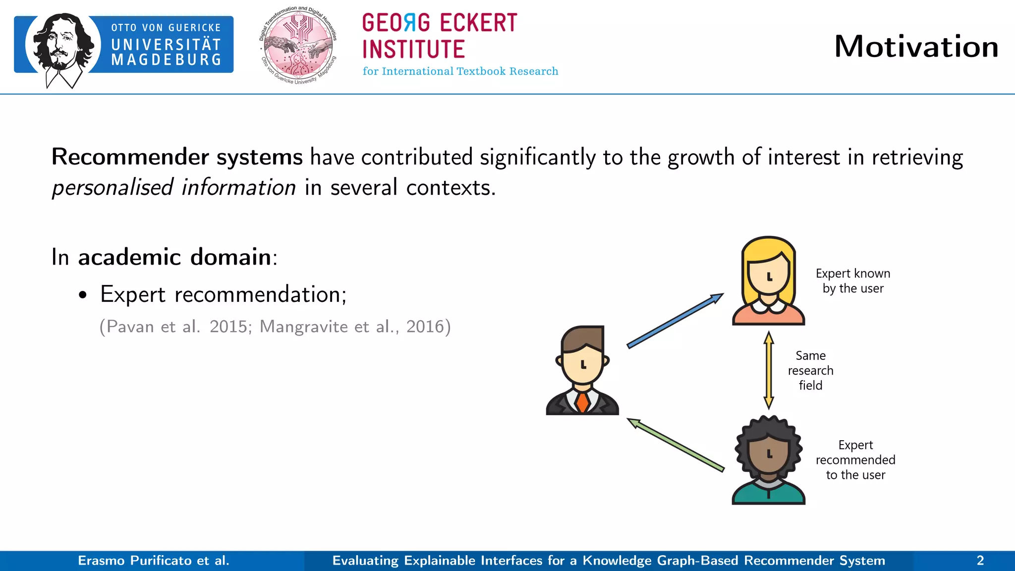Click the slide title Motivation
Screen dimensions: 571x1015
pyautogui.click(x=916, y=47)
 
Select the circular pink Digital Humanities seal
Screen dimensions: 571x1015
pyautogui.click(x=298, y=46)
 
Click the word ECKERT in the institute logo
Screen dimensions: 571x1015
pyautogui.click(x=478, y=23)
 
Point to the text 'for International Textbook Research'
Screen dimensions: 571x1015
pyautogui.click(x=460, y=71)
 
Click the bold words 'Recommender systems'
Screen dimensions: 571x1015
pyautogui.click(x=177, y=157)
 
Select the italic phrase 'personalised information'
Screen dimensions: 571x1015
pyautogui.click(x=174, y=188)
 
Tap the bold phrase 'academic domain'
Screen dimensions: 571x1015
pyautogui.click(x=174, y=257)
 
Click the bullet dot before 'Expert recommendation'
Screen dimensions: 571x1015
pyautogui.click(x=83, y=295)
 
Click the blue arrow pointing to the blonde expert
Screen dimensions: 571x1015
pyautogui.click(x=675, y=320)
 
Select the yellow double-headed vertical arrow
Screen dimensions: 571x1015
pyautogui.click(x=769, y=370)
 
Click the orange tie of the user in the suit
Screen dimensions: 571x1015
pyautogui.click(x=582, y=401)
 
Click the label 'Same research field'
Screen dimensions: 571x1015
pyautogui.click(x=810, y=370)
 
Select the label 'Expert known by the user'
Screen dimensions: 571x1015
pyautogui.click(x=852, y=281)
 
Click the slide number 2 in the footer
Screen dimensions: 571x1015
pyautogui.click(x=980, y=561)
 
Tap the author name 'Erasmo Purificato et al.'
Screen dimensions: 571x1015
pyautogui.click(x=154, y=561)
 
